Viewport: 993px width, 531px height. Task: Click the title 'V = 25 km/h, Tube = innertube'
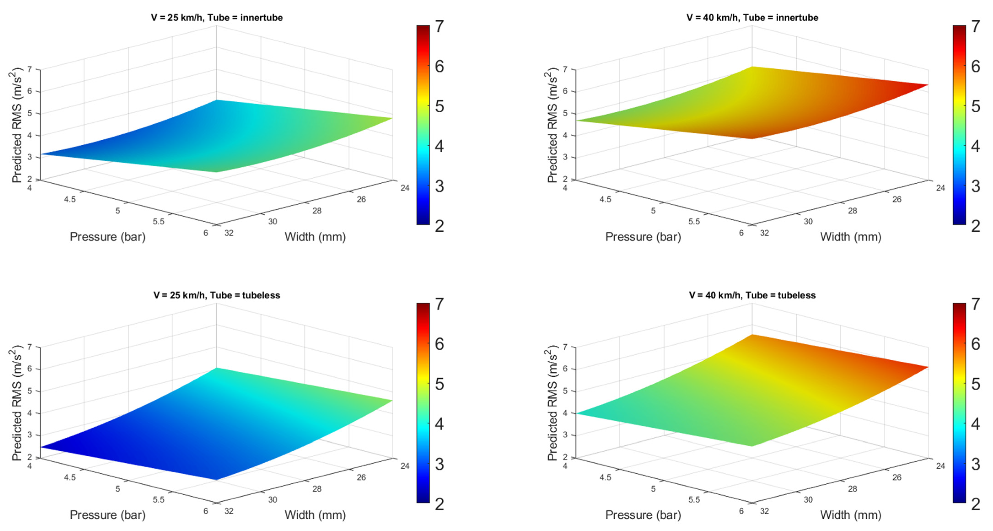217,18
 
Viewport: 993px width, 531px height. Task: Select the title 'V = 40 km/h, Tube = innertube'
752,18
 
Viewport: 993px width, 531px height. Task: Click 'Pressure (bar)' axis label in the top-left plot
107,237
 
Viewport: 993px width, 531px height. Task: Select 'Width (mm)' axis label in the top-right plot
851,237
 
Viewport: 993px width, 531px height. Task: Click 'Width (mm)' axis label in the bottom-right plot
851,515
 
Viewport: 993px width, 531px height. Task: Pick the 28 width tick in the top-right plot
852,211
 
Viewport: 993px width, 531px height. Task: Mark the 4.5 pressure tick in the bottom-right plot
605,477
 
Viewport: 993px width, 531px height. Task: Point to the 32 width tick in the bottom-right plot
764,511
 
